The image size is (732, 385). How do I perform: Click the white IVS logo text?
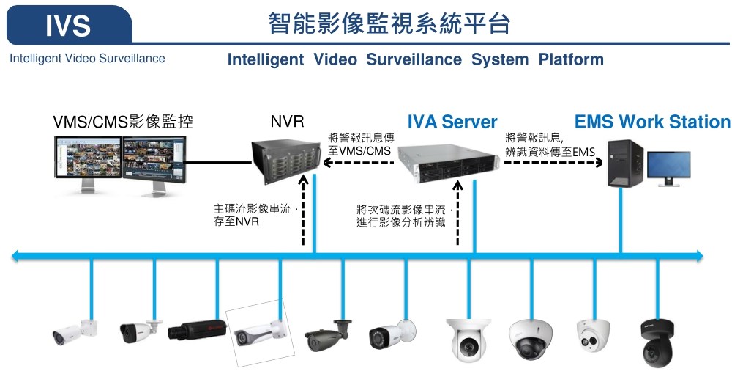click(x=68, y=26)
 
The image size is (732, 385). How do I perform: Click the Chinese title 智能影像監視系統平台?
click(x=389, y=25)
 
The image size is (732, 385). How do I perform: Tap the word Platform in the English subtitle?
click(x=571, y=59)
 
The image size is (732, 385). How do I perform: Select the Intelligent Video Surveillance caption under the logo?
click(x=87, y=59)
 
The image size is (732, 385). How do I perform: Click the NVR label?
click(x=287, y=122)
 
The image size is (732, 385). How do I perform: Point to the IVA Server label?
click(x=452, y=122)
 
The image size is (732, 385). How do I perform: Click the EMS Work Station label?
click(x=652, y=122)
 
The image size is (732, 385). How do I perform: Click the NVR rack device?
click(x=286, y=161)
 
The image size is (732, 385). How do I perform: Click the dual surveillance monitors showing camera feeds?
click(x=122, y=163)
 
